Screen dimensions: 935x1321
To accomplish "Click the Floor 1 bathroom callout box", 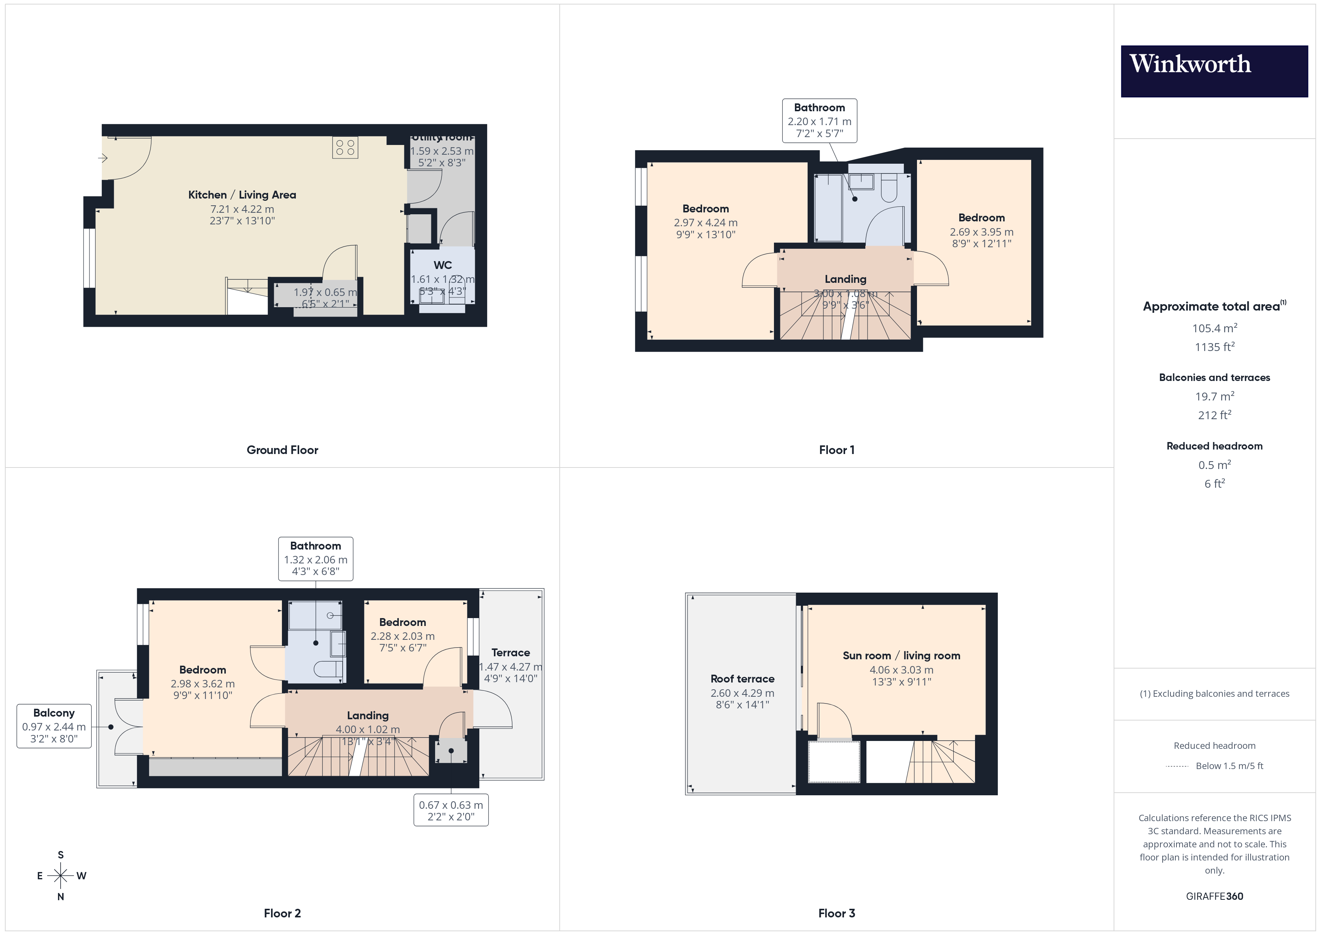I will (x=819, y=120).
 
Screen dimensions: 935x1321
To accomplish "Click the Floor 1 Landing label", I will (x=845, y=279).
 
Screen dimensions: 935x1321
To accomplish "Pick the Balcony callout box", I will (x=54, y=726).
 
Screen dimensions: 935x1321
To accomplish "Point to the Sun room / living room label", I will (x=901, y=656).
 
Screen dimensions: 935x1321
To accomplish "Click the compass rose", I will (x=60, y=876).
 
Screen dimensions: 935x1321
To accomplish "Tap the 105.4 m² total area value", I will (x=1214, y=328).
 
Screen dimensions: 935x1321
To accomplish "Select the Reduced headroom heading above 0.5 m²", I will (x=1214, y=446).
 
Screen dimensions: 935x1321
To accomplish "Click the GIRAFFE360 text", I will (x=1214, y=896).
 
